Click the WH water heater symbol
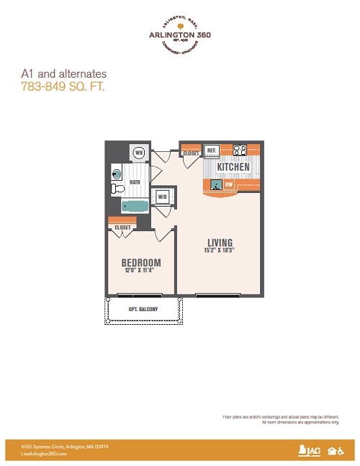coord(139,153)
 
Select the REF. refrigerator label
coord(212,151)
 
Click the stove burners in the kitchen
coord(240,151)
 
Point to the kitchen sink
coord(215,184)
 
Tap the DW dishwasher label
coord(228,184)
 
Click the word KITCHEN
coord(233,167)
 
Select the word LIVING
coord(219,242)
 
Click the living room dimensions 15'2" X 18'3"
coord(219,251)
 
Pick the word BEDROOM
coord(141,262)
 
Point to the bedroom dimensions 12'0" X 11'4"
coord(141,271)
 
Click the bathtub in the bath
coord(134,206)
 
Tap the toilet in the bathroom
coord(118,189)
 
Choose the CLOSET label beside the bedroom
coord(122,228)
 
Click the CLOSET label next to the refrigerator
coord(191,153)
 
